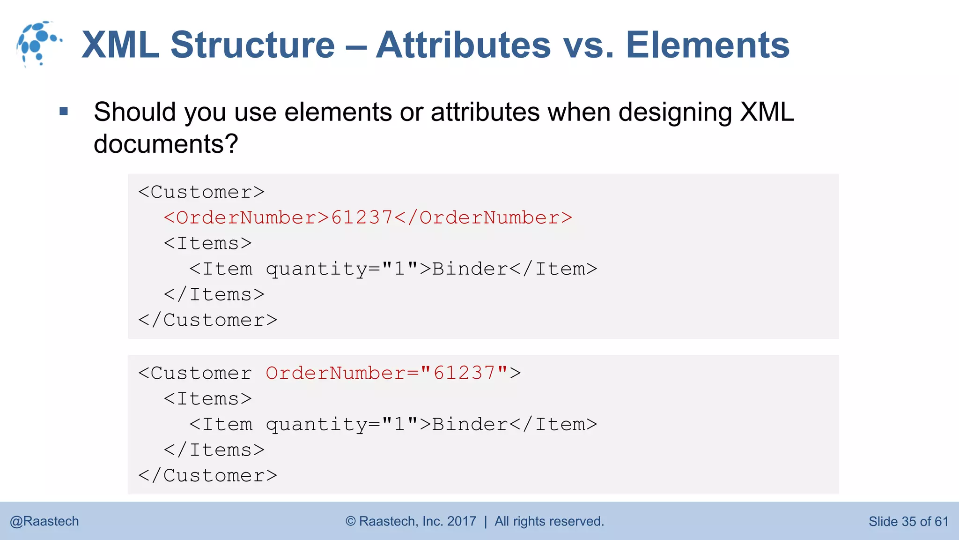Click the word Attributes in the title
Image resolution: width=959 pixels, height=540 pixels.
tap(463, 45)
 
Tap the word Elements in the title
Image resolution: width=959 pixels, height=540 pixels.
tap(707, 45)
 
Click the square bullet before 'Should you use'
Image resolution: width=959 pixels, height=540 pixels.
tap(64, 112)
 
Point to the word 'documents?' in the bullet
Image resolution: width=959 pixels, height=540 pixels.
tap(166, 143)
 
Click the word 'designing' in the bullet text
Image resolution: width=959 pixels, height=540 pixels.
tap(675, 112)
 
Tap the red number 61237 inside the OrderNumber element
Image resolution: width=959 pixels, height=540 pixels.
tap(361, 218)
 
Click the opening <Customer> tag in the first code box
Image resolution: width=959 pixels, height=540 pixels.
tap(201, 192)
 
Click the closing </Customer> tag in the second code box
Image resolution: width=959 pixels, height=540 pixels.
tap(207, 476)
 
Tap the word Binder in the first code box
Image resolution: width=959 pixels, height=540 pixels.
tap(470, 269)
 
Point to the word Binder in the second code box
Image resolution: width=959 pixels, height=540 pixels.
tap(470, 425)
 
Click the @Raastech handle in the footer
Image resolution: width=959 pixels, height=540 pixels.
tap(44, 521)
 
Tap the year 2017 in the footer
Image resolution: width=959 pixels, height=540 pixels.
tap(461, 521)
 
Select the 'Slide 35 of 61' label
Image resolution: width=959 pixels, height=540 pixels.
tap(908, 521)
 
